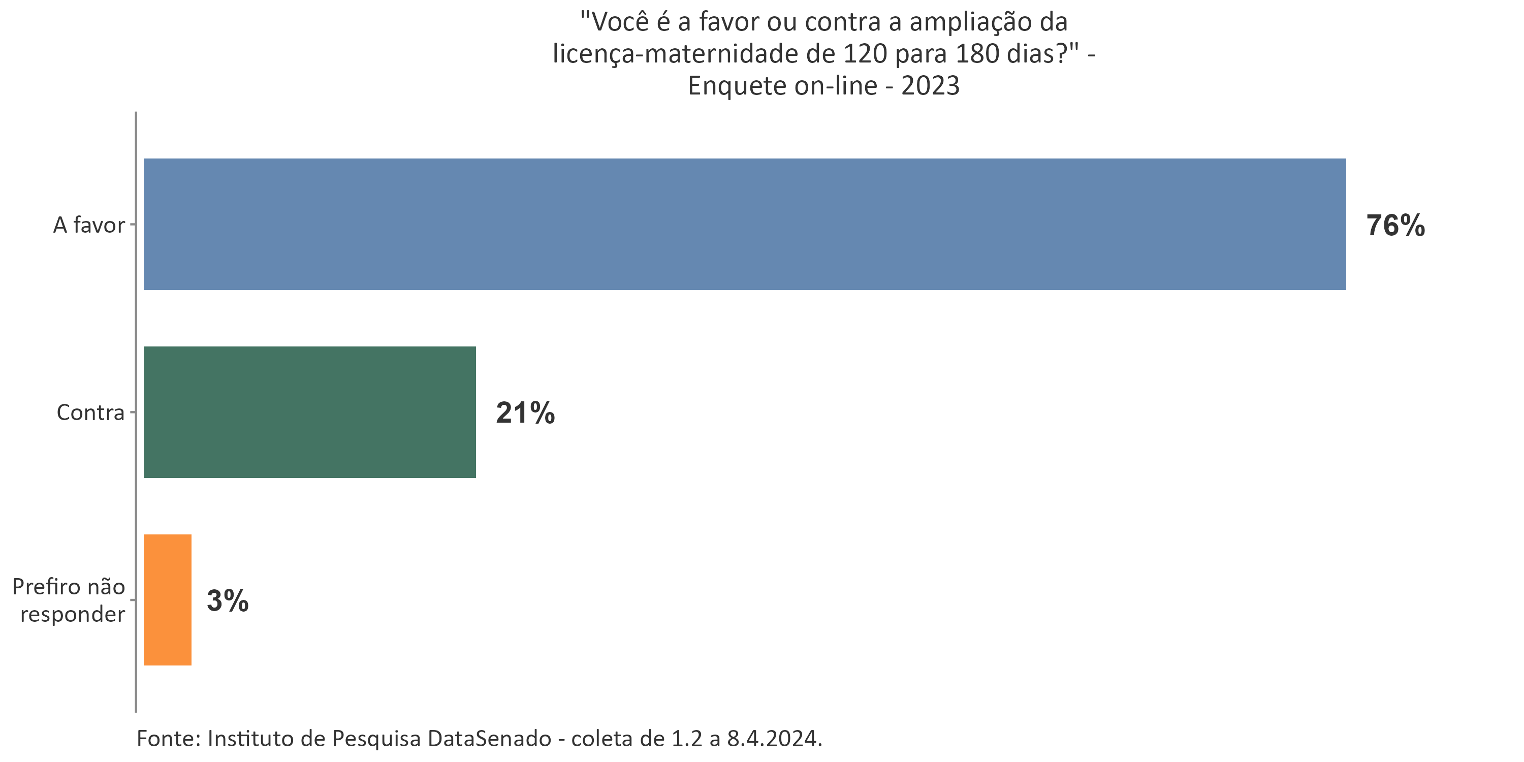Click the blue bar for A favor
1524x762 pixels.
tap(744, 224)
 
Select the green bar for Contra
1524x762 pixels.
tap(309, 412)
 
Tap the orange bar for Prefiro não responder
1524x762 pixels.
tap(168, 600)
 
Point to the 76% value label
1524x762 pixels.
tap(1395, 226)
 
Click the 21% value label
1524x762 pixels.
tap(525, 414)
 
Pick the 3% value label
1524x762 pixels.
tap(227, 601)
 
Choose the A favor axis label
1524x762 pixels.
tap(89, 226)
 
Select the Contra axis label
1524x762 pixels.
tap(90, 412)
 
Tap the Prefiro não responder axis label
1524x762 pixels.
tap(69, 600)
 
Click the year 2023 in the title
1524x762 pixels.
tap(931, 86)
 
